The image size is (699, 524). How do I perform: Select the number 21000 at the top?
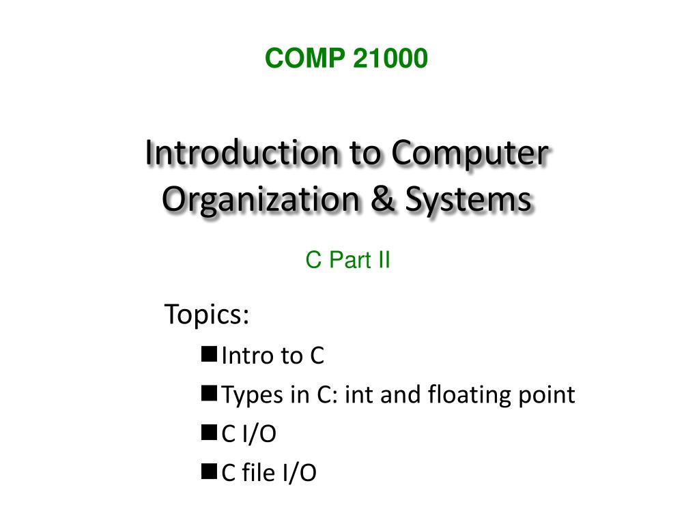(390, 59)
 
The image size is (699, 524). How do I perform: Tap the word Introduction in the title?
(242, 153)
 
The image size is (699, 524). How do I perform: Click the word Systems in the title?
(468, 200)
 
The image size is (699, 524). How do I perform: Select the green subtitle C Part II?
(348, 260)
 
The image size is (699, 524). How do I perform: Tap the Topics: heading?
(207, 315)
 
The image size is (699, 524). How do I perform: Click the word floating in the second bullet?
(466, 395)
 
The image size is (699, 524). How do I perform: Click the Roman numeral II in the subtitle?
(383, 260)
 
